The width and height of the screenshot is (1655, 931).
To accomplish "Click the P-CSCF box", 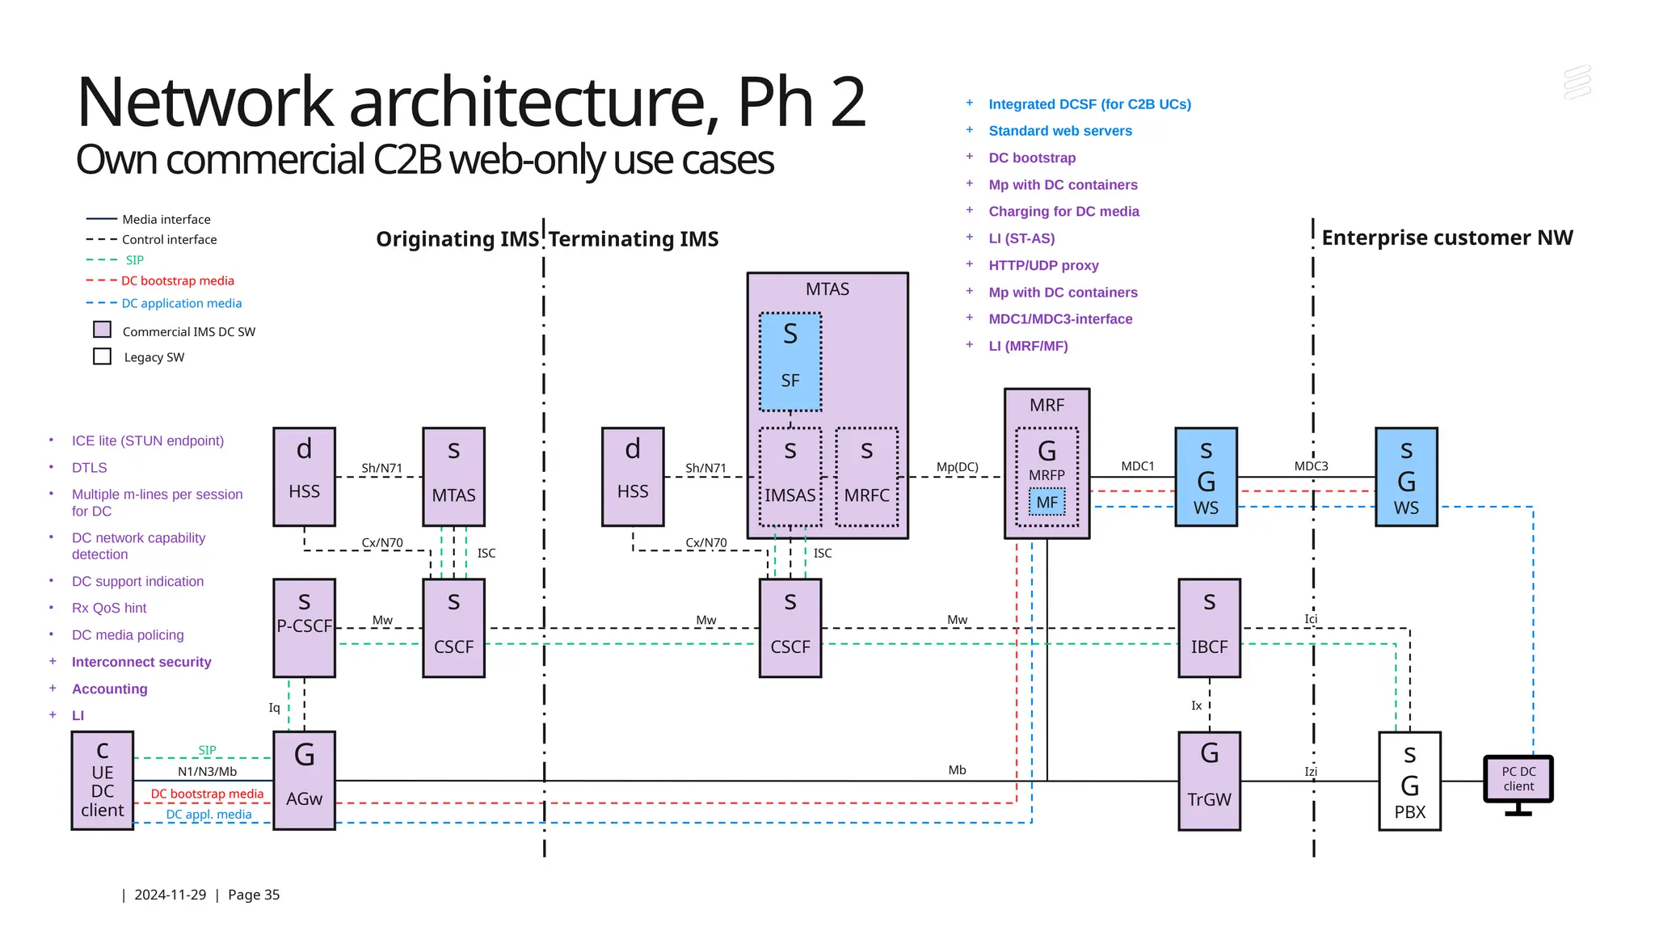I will [x=304, y=628].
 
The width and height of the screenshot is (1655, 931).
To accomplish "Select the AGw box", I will [x=304, y=780].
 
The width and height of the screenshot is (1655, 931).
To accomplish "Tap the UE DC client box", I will [x=103, y=780].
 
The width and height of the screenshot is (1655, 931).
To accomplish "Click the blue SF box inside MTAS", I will [x=790, y=361].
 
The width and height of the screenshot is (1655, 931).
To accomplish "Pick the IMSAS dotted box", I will [x=790, y=477].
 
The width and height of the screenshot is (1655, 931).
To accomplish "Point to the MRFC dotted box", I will [x=866, y=477].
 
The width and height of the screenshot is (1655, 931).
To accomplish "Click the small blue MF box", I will [x=1046, y=502].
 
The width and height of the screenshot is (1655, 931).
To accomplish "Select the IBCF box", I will [x=1209, y=628].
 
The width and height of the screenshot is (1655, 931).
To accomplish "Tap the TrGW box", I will [x=1209, y=780].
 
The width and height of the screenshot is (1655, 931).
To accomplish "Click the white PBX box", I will [x=1409, y=781].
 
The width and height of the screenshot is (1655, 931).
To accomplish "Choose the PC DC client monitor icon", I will [x=1518, y=781].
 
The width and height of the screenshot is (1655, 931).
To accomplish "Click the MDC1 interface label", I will [x=1137, y=466].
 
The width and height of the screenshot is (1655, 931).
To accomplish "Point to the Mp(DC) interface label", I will [x=957, y=467].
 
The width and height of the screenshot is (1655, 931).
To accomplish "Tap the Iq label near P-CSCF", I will [x=274, y=708].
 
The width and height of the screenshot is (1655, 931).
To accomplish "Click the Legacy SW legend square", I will [x=103, y=356].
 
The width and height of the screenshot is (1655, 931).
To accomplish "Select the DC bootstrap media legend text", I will [x=178, y=281].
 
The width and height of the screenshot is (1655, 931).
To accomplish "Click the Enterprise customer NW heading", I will [x=1447, y=238].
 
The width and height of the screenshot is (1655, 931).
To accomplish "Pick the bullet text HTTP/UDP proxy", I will [x=1043, y=265].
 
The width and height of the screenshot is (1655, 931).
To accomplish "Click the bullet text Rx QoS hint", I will [x=109, y=608].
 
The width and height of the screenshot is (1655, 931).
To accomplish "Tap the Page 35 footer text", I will [x=254, y=895].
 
